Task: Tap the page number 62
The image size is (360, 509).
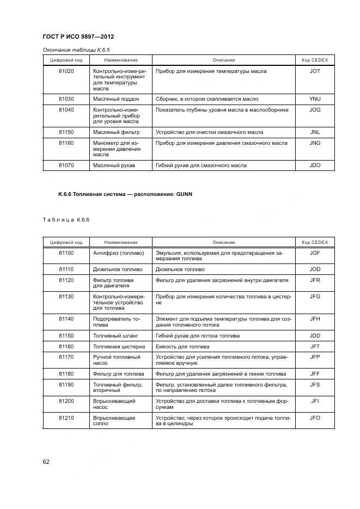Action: (47, 462)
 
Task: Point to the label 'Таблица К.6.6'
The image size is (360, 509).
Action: (66, 219)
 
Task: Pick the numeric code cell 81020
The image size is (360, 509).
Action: (66, 71)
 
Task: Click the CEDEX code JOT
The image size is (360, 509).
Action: (315, 71)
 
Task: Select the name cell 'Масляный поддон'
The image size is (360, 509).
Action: (116, 99)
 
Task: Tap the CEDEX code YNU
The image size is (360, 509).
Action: (315, 99)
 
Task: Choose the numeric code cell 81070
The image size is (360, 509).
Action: (66, 165)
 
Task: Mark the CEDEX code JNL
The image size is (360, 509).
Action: (315, 132)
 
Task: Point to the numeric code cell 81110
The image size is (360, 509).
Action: (66, 269)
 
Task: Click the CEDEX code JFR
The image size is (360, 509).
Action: (315, 280)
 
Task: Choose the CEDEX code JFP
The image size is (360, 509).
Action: (315, 357)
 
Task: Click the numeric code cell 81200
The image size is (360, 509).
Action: (66, 401)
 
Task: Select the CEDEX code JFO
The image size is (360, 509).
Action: (315, 418)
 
